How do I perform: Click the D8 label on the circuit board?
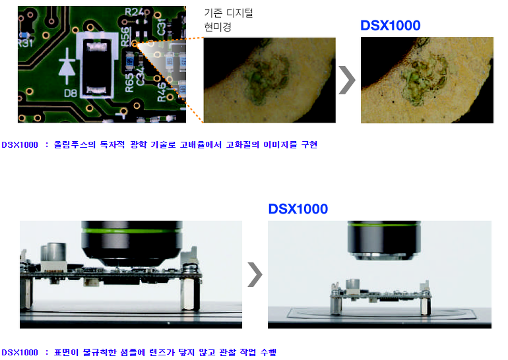tap(71, 93)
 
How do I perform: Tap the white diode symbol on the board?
tap(67, 67)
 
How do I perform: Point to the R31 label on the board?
tap(25, 42)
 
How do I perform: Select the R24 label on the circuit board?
tap(134, 12)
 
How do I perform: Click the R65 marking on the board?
tap(129, 82)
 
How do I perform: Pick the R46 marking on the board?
tap(162, 92)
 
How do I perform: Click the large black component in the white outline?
tap(96, 67)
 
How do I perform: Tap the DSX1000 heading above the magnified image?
tap(391, 26)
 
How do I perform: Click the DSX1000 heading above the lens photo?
tap(298, 209)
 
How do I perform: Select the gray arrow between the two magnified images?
tap(347, 80)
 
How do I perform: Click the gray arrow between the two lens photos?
tap(255, 274)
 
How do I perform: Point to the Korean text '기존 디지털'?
tap(228, 13)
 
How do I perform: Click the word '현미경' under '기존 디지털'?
tap(218, 27)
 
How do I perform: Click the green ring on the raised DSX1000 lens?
tap(384, 225)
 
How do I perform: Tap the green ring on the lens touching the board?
tap(132, 231)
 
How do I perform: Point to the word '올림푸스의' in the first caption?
tap(75, 144)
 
